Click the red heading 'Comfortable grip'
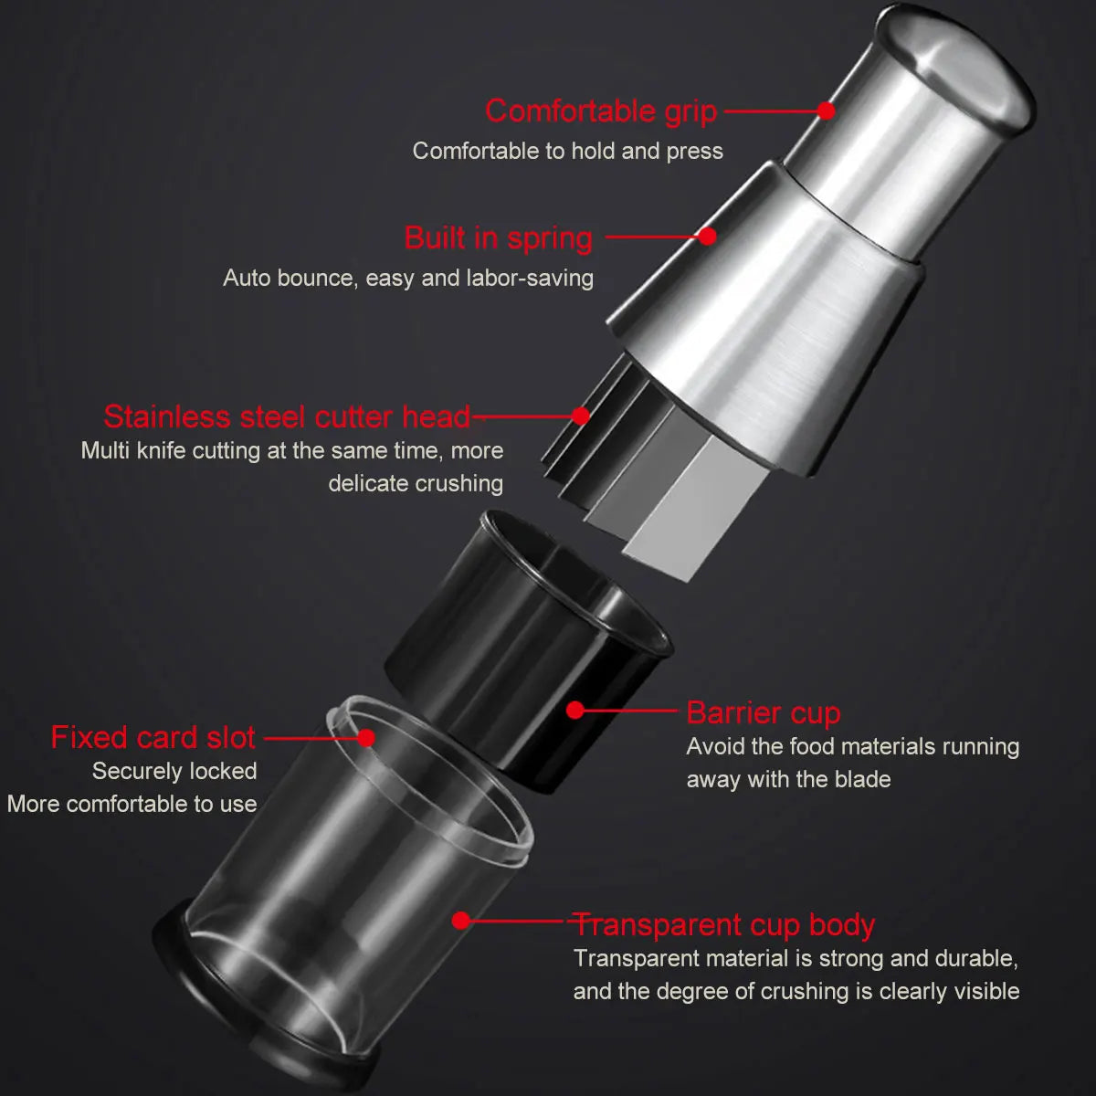[x=601, y=111]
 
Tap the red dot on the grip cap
[x=826, y=111]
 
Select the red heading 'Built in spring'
[x=499, y=237]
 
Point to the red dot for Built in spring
[x=707, y=236]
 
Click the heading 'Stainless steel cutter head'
[x=287, y=416]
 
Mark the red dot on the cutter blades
[x=580, y=416]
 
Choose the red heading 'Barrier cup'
[x=763, y=712]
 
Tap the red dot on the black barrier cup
[x=574, y=710]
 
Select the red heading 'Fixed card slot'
[x=153, y=737]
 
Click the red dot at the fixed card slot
[x=366, y=737]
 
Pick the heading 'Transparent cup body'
[x=723, y=924]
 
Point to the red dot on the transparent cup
[x=461, y=921]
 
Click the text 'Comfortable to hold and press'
[x=567, y=151]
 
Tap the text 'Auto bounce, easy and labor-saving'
[x=408, y=278]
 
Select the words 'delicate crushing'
[x=416, y=483]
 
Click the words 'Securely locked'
[x=174, y=771]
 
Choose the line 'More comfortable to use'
[x=132, y=804]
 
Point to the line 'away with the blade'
[x=788, y=779]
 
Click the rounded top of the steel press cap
[x=959, y=64]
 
